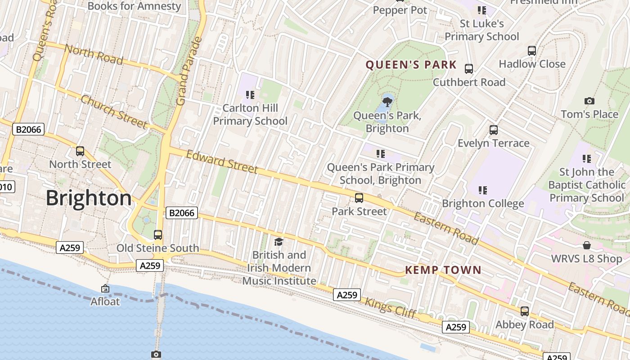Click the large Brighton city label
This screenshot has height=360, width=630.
tap(89, 198)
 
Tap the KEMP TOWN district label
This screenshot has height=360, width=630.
tap(443, 270)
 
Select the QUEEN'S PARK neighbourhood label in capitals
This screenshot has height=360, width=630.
tap(411, 65)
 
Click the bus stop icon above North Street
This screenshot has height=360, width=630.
tap(80, 151)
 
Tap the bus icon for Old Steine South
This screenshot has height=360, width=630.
tap(157, 234)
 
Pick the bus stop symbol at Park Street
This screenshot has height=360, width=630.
tap(359, 198)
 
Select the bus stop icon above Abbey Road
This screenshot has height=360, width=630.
tap(524, 311)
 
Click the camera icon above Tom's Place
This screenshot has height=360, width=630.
tap(589, 101)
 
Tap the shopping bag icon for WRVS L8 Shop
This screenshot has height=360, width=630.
tap(586, 245)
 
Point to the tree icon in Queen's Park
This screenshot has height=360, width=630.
tap(387, 102)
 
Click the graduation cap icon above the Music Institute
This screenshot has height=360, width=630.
tap(279, 242)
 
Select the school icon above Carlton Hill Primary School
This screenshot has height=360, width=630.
tap(250, 95)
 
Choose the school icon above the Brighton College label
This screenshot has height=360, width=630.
tap(482, 190)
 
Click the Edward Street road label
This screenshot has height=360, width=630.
tap(222, 162)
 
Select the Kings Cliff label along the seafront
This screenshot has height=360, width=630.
tap(391, 308)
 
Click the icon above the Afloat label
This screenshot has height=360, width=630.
tap(105, 288)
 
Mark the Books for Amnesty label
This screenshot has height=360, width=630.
tap(134, 6)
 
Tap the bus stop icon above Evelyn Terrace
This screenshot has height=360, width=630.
tap(493, 130)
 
